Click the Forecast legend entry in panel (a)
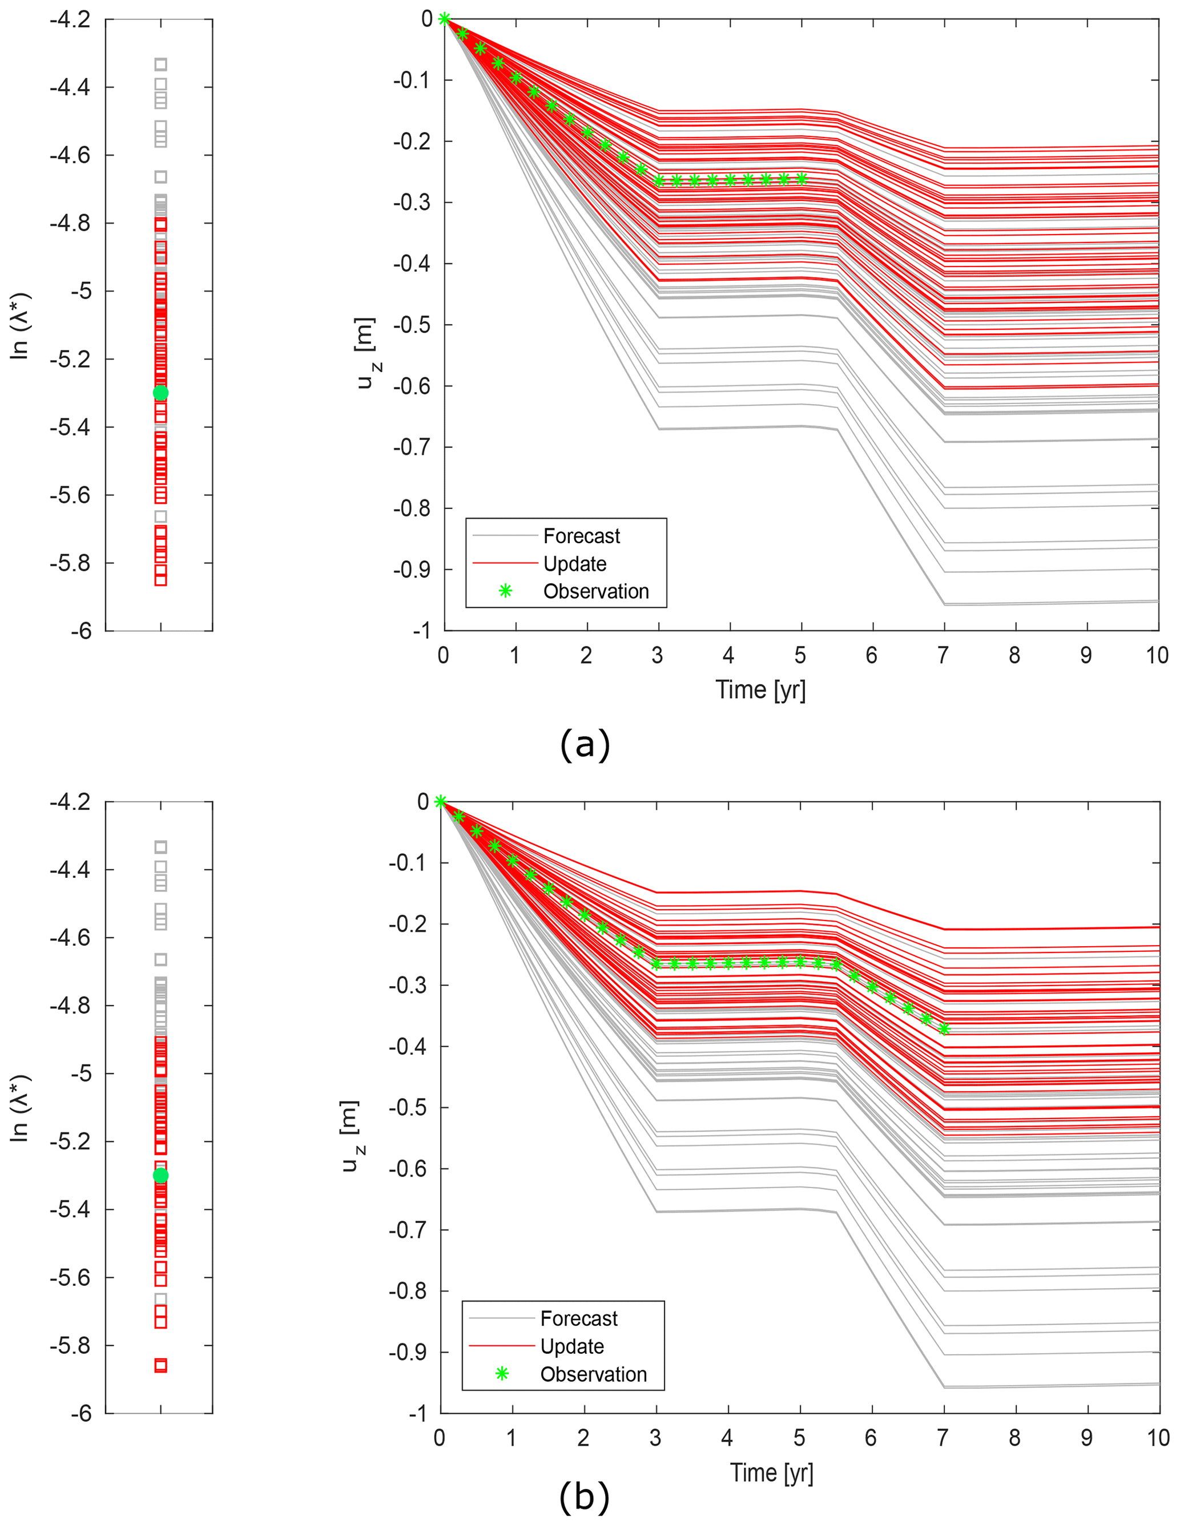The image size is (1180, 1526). [x=581, y=536]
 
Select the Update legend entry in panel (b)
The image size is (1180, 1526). [x=572, y=1346]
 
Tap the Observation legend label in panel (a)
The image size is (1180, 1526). [x=595, y=591]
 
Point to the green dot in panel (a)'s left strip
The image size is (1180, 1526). [x=161, y=393]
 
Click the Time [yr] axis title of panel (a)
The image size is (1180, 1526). [x=760, y=689]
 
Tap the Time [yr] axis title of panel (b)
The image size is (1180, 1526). [x=772, y=1472]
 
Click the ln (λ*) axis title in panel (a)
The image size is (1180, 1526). [x=21, y=326]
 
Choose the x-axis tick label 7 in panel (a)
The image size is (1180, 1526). [x=943, y=655]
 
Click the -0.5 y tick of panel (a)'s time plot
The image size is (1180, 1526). [x=412, y=325]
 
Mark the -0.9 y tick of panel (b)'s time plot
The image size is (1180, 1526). [x=408, y=1352]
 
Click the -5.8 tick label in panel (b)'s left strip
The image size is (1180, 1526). [x=70, y=1345]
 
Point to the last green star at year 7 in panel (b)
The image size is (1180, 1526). [x=944, y=1028]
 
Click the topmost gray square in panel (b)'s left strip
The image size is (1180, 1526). [x=161, y=847]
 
